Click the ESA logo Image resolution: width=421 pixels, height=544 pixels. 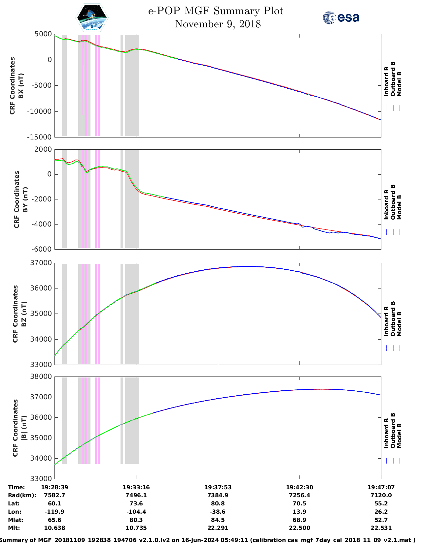[341, 17]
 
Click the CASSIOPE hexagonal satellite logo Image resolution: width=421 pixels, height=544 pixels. [92, 18]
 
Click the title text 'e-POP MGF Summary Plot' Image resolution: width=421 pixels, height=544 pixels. [216, 11]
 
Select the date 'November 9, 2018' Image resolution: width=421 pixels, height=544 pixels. [218, 24]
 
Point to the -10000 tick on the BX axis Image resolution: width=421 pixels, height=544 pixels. [40, 111]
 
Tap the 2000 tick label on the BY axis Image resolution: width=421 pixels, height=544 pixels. [44, 149]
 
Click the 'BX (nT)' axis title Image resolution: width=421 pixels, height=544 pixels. [21, 86]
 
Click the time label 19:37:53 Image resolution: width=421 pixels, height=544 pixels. [218, 487]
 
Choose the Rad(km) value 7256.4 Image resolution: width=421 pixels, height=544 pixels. [299, 495]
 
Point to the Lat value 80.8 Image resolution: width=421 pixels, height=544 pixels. [218, 503]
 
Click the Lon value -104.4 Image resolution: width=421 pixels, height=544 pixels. [136, 512]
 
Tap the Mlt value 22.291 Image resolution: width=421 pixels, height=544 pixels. [218, 528]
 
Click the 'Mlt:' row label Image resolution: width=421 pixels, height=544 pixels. [14, 528]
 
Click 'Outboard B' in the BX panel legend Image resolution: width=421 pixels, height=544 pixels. [393, 79]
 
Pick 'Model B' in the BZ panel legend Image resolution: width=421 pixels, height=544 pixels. [399, 324]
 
